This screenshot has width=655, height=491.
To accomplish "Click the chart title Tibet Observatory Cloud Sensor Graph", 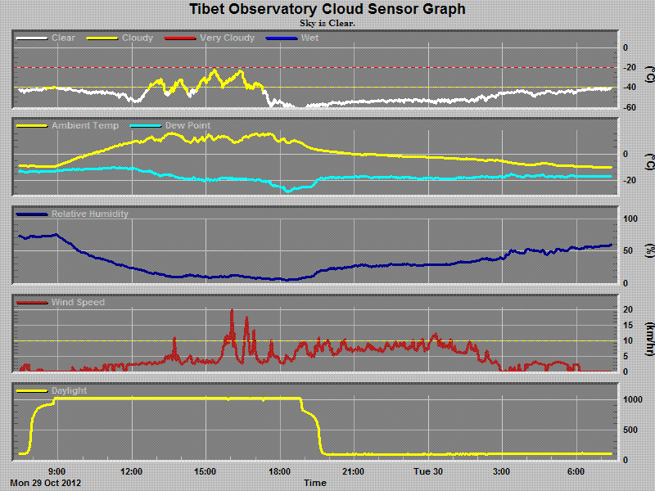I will [327, 9].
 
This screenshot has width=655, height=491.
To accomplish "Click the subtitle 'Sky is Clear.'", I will [327, 23].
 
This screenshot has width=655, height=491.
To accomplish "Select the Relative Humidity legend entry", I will [89, 214].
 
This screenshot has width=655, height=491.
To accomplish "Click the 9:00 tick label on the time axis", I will [57, 471].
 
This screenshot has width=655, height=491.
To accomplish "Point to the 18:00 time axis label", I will [280, 471].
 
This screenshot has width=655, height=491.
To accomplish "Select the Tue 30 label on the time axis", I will [427, 471].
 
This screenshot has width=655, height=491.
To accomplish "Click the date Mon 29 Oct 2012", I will [46, 483].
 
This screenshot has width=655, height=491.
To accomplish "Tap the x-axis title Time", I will [315, 483].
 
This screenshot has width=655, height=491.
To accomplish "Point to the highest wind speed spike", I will [232, 311].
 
